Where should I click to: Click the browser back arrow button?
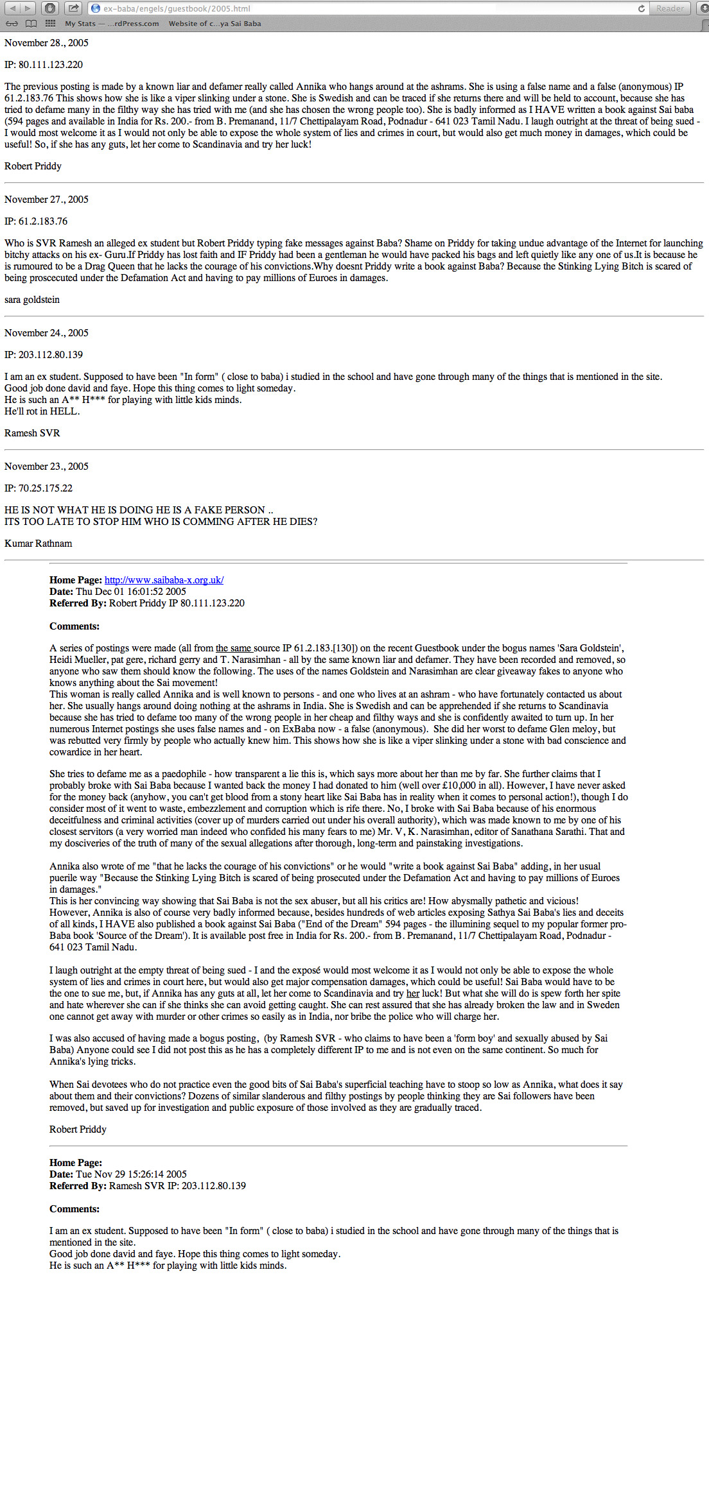tap(12, 8)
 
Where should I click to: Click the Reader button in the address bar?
tap(669, 8)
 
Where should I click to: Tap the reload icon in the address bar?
tap(641, 8)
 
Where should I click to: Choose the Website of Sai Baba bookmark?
tap(214, 24)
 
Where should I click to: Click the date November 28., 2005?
tap(46, 43)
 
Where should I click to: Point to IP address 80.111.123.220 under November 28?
tap(44, 65)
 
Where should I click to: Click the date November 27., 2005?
tap(46, 200)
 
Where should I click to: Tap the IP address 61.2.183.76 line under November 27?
tap(36, 221)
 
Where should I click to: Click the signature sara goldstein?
tap(32, 300)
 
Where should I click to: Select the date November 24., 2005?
tap(46, 333)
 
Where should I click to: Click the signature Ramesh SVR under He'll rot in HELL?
tap(32, 433)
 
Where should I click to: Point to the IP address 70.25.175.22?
tap(39, 488)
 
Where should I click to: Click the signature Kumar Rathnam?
tap(39, 544)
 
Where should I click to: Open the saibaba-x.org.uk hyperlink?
tap(164, 580)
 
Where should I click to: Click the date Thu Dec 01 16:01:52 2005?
tap(131, 592)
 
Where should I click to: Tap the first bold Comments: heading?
tap(74, 626)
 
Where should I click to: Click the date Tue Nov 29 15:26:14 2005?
tap(131, 1174)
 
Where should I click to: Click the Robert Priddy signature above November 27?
tap(33, 166)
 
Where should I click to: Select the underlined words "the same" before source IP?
tap(234, 648)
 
